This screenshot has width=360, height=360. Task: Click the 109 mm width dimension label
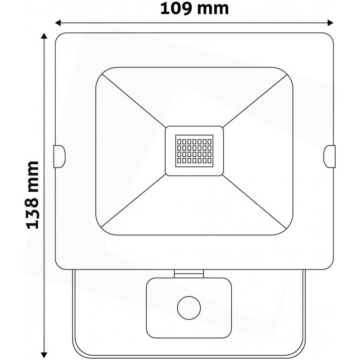point(194,8)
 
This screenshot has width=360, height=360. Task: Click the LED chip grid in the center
point(194,151)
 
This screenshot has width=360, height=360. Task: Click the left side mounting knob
point(59,156)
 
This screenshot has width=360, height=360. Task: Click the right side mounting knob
point(330,156)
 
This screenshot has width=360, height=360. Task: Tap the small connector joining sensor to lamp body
point(188,272)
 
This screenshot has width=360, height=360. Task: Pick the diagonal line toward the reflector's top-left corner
point(133,101)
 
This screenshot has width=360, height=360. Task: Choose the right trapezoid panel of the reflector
point(261,151)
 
